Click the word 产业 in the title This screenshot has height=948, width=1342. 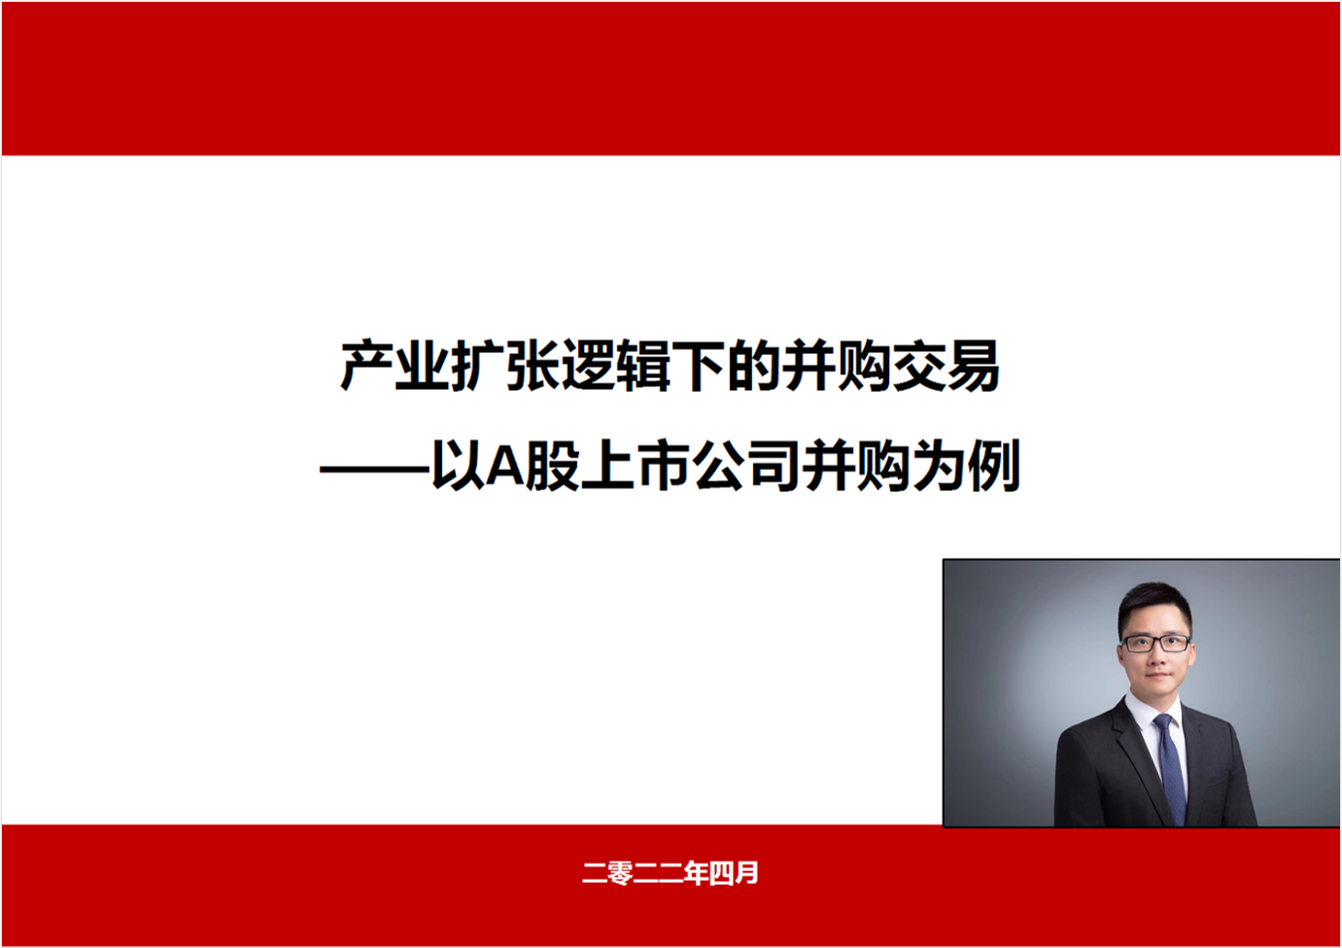click(396, 366)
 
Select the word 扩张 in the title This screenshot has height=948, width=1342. click(505, 366)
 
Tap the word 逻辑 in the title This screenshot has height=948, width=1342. click(616, 366)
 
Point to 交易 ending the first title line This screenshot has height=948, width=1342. click(946, 366)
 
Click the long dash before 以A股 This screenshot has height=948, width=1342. click(375, 469)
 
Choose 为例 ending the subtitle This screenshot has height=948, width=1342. click(965, 466)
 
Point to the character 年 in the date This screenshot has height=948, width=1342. click(696, 873)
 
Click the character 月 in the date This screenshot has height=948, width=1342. click(746, 873)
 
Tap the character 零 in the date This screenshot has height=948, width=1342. click(620, 873)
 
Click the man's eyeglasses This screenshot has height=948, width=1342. click(1155, 644)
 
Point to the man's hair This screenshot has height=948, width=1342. click(1155, 605)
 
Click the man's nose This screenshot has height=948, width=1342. click(1156, 658)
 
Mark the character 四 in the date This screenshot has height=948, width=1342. click(721, 873)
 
